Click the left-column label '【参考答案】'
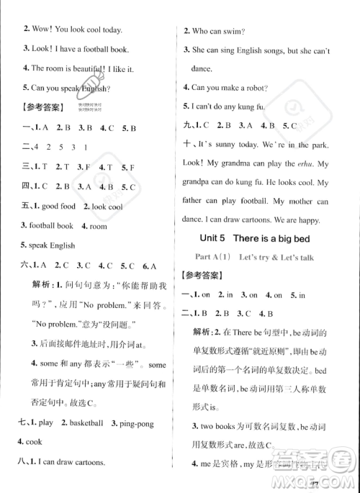42,107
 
